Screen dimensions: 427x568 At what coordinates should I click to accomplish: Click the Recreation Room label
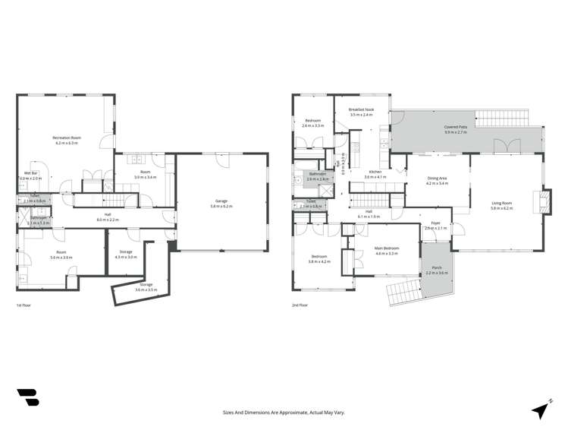[x=67, y=138]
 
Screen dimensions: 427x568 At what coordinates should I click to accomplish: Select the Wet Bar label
[x=31, y=174]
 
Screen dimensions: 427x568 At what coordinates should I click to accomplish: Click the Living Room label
[x=502, y=203]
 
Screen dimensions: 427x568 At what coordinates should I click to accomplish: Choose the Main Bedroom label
[x=387, y=248]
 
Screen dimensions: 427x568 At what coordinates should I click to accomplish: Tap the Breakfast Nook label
[x=361, y=110]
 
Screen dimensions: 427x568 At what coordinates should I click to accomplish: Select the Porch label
[x=436, y=268]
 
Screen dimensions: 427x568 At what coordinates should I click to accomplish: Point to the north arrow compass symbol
[x=541, y=408]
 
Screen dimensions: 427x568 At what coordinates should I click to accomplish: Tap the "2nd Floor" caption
[x=300, y=305]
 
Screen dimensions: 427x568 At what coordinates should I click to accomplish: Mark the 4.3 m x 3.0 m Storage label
[x=126, y=255]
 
